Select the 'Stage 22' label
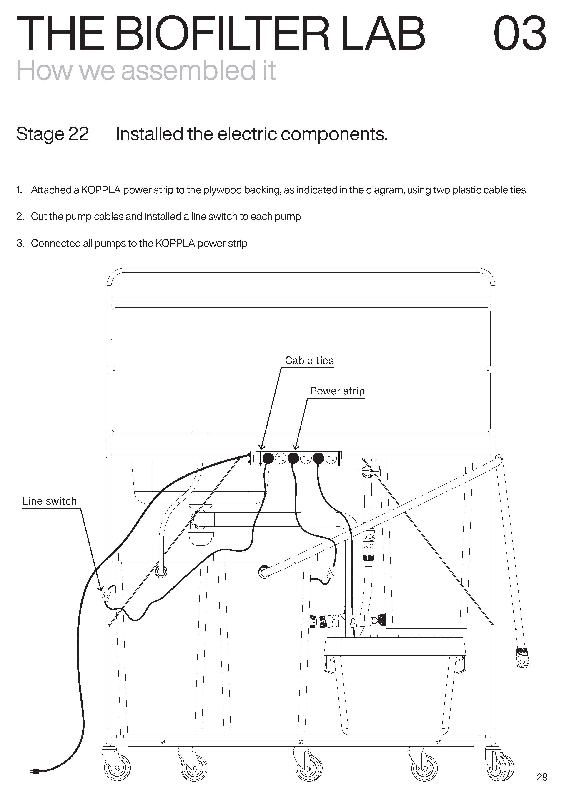pos(53,134)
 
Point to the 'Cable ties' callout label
pos(309,360)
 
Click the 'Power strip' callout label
pos(337,391)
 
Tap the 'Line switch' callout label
pos(49,501)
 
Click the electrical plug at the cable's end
pos(35,771)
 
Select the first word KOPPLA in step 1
pos(101,190)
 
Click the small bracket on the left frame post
pos(112,370)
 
